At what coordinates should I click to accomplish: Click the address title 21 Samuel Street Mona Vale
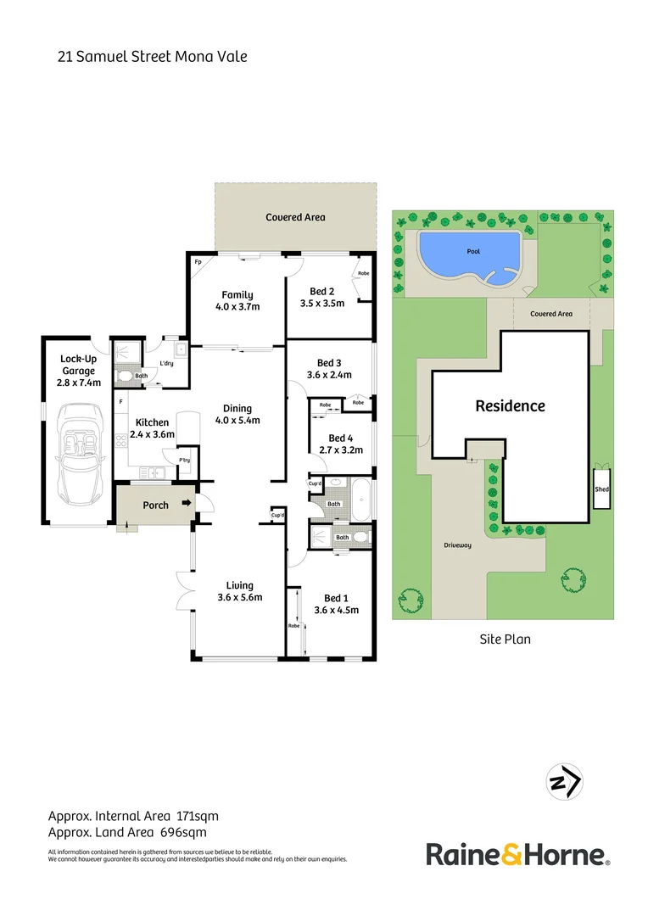click(x=152, y=57)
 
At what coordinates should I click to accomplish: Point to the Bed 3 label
click(x=329, y=363)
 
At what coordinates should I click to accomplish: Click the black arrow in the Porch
click(x=187, y=505)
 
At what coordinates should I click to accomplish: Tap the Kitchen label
click(x=152, y=422)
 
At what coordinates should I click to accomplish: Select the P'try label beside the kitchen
click(x=184, y=461)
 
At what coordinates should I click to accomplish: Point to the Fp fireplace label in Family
click(x=198, y=262)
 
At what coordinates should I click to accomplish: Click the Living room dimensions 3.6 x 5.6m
click(x=239, y=597)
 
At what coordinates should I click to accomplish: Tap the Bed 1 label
click(x=336, y=597)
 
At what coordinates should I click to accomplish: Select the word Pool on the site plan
click(x=473, y=252)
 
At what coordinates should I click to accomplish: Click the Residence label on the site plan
click(x=510, y=406)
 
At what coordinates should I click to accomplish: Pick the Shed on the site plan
click(x=602, y=489)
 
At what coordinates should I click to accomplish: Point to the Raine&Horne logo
click(x=517, y=854)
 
